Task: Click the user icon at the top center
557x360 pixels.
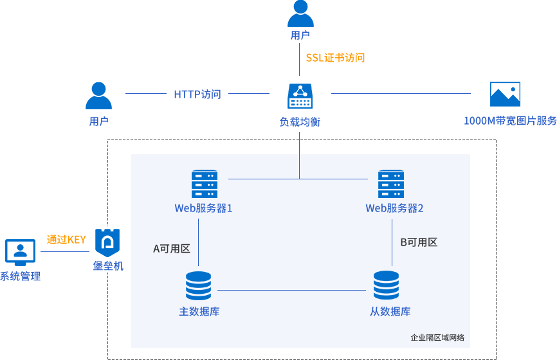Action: [300, 13]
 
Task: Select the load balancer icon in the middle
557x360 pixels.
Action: [300, 96]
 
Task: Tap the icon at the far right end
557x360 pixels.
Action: [505, 94]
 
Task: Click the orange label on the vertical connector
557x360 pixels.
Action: [335, 58]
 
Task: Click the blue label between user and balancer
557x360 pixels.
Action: [197, 94]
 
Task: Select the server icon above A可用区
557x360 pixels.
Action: [205, 184]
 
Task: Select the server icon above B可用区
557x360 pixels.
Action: [390, 184]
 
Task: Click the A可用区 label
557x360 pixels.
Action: [171, 249]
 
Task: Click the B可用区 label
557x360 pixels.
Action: [419, 242]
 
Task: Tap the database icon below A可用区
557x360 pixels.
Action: [198, 285]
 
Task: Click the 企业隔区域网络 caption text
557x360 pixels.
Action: [437, 337]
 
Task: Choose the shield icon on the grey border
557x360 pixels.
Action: [107, 242]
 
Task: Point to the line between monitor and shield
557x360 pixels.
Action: [64, 251]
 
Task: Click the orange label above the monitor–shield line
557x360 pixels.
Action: [66, 239]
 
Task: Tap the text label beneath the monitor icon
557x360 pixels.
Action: [21, 276]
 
